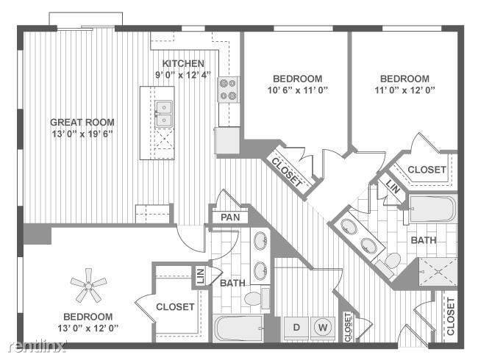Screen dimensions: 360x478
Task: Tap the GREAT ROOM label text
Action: pos(82,122)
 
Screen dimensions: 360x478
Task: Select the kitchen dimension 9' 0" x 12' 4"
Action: pos(183,75)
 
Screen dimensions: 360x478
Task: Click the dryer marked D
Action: pos(296,325)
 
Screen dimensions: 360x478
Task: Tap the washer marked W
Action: pos(321,325)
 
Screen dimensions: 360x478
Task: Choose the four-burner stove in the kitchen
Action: pos(228,90)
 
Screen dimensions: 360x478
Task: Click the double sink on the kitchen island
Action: pos(163,115)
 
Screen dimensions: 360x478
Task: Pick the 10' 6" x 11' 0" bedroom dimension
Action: pos(297,90)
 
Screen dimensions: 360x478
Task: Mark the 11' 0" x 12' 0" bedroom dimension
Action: pos(404,90)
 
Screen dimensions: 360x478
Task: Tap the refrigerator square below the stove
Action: pos(227,140)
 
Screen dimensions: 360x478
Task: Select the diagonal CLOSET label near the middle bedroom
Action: pos(288,173)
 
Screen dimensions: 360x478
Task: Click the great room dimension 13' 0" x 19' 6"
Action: pos(82,134)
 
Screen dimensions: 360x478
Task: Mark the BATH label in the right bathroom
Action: pos(424,240)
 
